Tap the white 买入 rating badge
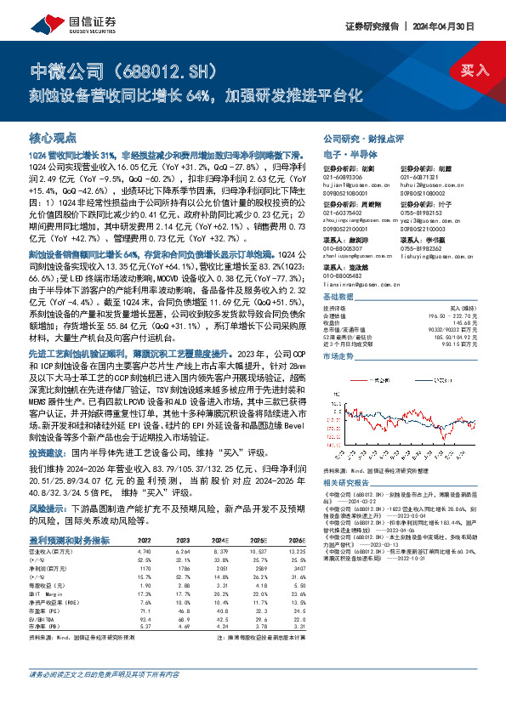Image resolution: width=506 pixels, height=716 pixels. tap(471, 71)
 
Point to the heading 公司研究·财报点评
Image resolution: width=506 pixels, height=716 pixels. tap(355, 137)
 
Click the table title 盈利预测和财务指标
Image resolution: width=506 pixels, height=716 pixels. tap(69, 515)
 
